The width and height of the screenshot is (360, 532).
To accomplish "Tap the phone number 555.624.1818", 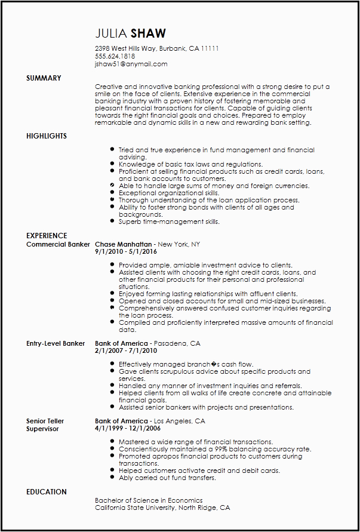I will (x=115, y=56).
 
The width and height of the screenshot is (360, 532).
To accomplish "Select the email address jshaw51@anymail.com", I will (x=131, y=64).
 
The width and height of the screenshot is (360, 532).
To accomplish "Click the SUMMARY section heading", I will (x=44, y=78).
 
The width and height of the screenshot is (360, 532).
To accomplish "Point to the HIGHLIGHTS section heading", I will (x=47, y=136).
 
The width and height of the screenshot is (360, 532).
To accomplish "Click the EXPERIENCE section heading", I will (x=47, y=236).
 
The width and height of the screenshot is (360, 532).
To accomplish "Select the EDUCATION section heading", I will (x=47, y=492).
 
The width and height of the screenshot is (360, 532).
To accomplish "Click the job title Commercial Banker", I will (x=58, y=244).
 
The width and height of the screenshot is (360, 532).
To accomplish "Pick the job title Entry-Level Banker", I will (x=56, y=344).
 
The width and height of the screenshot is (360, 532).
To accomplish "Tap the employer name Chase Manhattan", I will (x=123, y=244).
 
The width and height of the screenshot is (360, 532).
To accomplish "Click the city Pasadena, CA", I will (x=177, y=344).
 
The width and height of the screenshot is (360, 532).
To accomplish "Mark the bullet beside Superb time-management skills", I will (x=112, y=222).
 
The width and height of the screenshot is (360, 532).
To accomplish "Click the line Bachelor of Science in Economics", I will (x=149, y=500).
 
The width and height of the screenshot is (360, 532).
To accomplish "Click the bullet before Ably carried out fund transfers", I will (x=112, y=478).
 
